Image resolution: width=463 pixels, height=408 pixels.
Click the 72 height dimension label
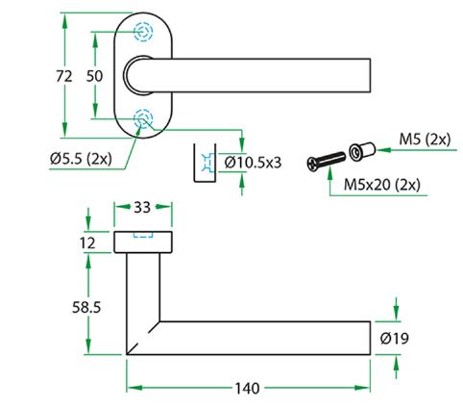64,76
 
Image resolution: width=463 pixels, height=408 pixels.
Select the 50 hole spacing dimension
94,76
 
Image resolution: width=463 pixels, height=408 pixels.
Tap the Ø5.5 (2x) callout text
81,159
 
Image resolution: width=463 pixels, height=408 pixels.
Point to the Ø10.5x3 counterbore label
253,163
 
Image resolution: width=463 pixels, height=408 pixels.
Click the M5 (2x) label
425,140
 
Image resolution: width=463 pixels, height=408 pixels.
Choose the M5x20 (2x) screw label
381,185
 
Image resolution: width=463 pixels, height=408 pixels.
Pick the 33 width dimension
142,208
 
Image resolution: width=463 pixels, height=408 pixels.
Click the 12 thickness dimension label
87,243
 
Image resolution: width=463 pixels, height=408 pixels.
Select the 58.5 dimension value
86,308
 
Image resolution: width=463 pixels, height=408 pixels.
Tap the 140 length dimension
248,389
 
